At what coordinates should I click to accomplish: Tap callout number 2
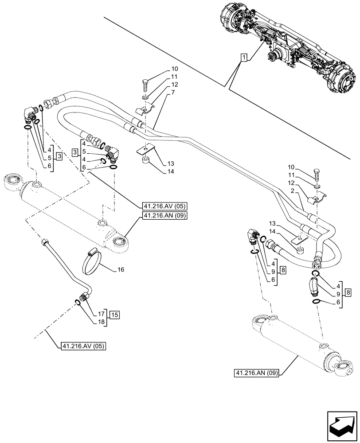293,190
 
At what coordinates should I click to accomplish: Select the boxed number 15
115,315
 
